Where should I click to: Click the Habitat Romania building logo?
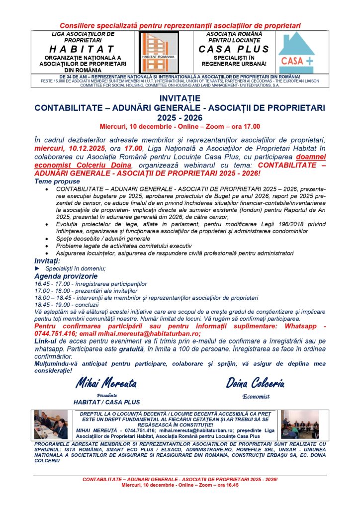(156, 52)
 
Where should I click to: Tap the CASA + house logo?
(296, 52)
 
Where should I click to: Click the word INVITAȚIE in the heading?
(180, 98)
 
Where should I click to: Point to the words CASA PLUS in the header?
(234, 49)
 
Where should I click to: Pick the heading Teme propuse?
(54, 181)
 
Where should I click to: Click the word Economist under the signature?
(255, 397)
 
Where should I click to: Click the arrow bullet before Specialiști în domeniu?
(37, 268)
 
